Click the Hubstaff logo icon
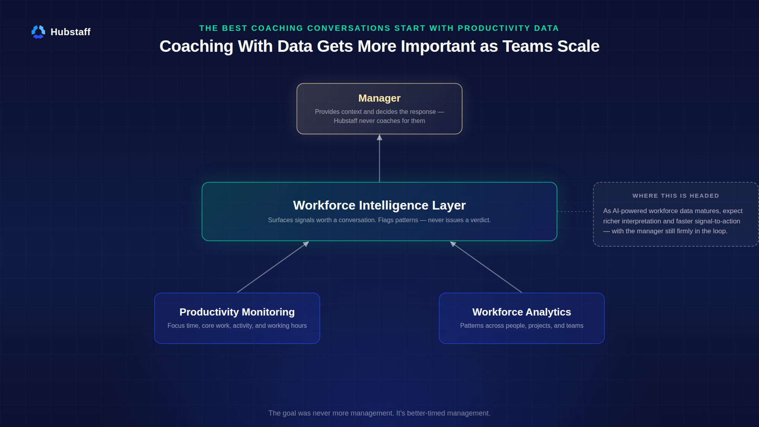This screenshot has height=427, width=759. [38, 32]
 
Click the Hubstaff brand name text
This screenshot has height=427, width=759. [70, 32]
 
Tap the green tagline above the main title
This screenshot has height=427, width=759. [379, 28]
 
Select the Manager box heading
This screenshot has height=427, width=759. [379, 98]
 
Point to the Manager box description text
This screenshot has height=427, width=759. [379, 116]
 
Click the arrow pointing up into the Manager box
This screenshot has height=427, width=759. [379, 158]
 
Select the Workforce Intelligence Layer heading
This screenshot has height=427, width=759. [379, 205]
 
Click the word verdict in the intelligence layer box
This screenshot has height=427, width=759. [480, 220]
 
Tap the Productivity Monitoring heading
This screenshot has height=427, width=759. [237, 312]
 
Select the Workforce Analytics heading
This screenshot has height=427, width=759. [522, 312]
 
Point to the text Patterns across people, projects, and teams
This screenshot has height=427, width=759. [522, 326]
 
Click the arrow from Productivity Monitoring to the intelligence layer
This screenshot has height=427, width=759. [273, 267]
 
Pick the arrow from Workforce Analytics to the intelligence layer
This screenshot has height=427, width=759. [486, 267]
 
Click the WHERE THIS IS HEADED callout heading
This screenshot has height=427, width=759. [676, 196]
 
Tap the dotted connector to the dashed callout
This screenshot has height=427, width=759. [575, 212]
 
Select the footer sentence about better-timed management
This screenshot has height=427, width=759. [379, 413]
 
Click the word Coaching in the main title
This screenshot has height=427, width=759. [196, 46]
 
